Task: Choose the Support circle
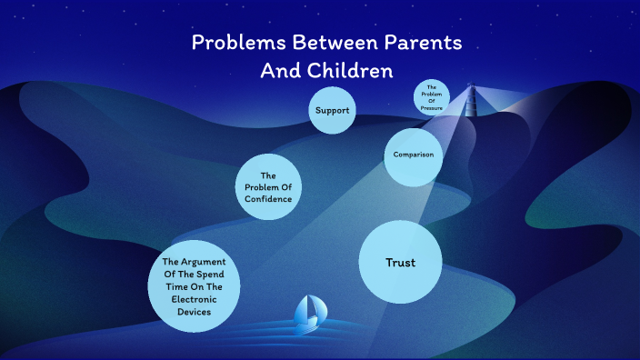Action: coord(332,111)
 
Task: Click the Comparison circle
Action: coord(413,155)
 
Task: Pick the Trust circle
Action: coord(400,262)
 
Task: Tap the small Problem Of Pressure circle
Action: coord(432,97)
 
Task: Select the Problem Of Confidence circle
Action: coord(268,187)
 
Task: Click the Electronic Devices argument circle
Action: coord(194,286)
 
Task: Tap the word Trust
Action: coord(400,262)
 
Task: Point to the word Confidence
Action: coord(268,199)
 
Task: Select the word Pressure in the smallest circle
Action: coord(432,107)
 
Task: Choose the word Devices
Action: coord(195,312)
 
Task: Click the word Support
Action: coord(332,111)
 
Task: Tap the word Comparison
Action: coord(413,155)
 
